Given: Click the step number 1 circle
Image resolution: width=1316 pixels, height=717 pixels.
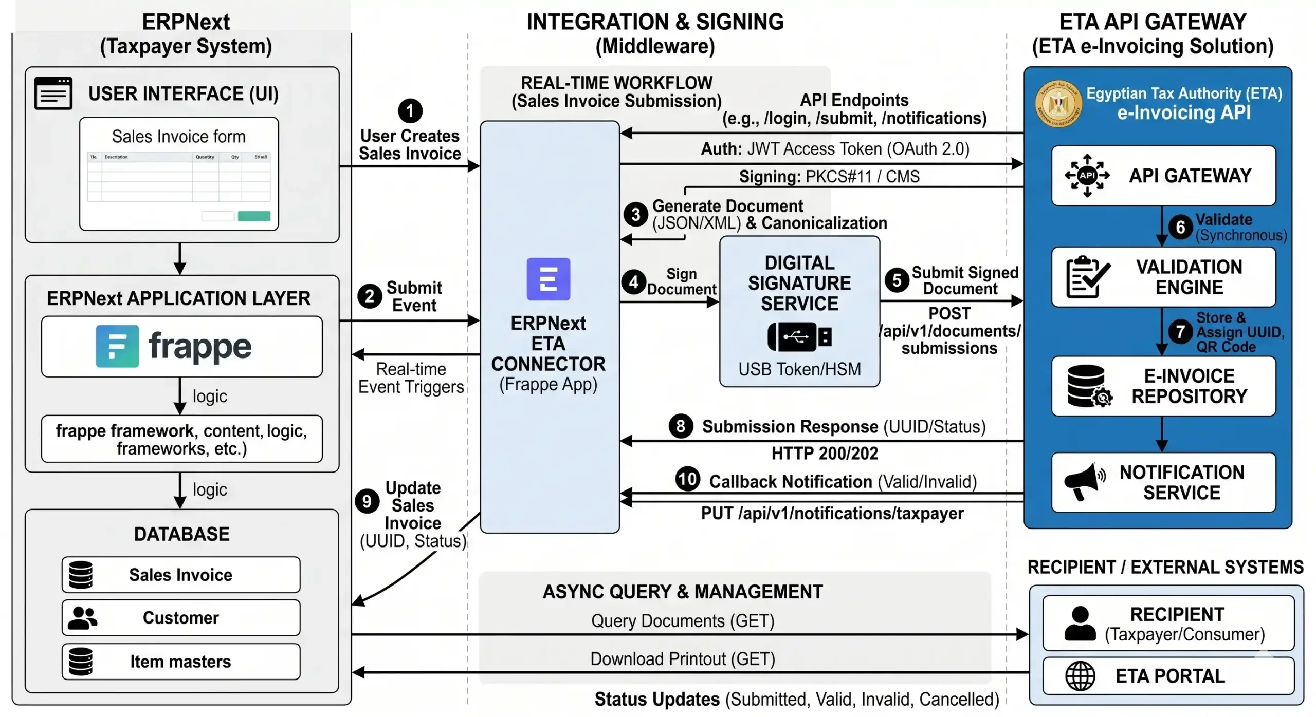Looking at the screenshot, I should [410, 110].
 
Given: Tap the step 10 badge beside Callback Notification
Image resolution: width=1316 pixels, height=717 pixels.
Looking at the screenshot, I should [687, 479].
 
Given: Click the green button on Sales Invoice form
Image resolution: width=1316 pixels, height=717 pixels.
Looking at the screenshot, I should [254, 216].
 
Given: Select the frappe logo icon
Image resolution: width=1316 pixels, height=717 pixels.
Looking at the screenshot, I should [117, 346].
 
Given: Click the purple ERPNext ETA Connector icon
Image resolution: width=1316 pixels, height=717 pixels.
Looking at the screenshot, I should [548, 279].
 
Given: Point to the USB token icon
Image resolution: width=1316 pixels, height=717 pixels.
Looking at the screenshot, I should [799, 337].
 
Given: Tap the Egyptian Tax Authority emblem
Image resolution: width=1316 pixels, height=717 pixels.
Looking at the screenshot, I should [1058, 104].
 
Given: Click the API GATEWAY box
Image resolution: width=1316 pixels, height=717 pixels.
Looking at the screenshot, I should [1163, 176].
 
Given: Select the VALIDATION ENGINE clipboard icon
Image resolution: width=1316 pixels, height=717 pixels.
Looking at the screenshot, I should [1087, 277].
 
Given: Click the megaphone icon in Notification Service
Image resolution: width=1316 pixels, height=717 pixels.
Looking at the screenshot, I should [1084, 481].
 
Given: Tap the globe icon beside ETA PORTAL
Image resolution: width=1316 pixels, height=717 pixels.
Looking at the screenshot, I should [1080, 676].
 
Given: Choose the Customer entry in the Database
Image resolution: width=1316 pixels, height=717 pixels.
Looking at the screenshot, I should [181, 617].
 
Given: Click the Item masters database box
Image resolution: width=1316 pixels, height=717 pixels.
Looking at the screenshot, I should [181, 662].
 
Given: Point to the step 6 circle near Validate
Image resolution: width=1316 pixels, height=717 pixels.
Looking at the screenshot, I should [1180, 227].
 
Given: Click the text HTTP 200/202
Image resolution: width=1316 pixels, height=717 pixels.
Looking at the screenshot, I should [825, 454].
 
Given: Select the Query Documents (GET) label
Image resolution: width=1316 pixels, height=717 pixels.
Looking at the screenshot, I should [682, 621].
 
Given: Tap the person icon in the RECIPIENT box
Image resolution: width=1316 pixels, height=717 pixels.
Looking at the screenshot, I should [1080, 623].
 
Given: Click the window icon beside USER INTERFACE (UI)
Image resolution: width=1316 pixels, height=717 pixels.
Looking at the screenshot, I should [53, 93].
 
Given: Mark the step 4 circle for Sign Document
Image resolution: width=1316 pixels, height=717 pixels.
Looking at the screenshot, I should [633, 281].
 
